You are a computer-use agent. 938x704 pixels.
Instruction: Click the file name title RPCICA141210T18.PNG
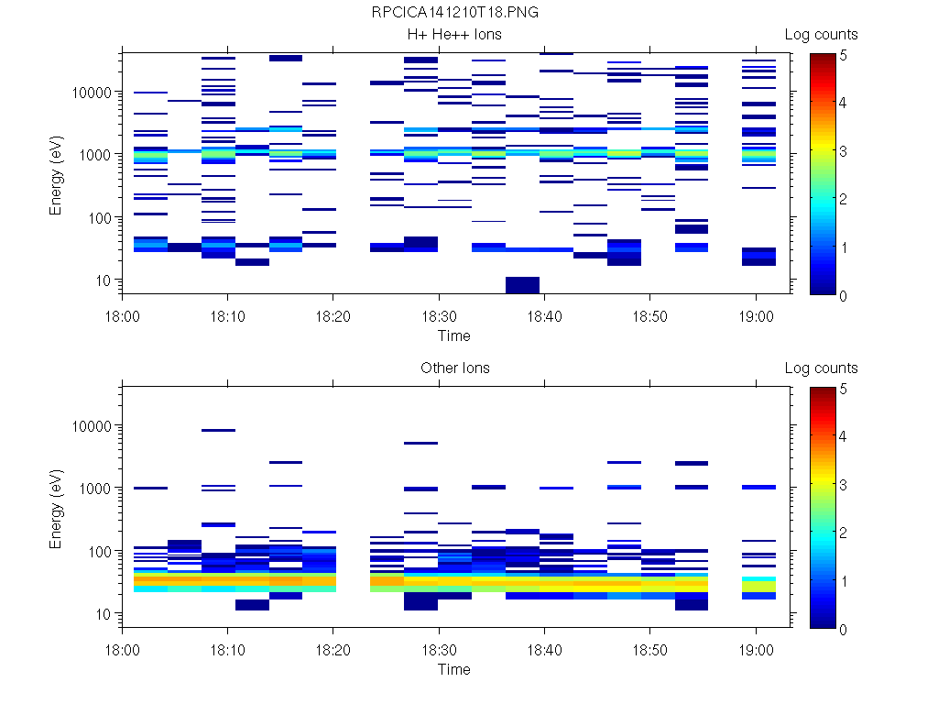coord(454,13)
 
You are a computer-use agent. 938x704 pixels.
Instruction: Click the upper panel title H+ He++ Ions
coord(454,35)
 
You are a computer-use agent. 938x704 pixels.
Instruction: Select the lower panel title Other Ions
coord(454,368)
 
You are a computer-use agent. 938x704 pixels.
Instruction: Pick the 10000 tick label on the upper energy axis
coord(91,93)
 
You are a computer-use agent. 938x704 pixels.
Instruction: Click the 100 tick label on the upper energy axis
coord(98,218)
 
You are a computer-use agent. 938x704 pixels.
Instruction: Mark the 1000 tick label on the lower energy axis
coord(94,489)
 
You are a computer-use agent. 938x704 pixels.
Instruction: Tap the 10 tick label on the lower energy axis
coord(102,614)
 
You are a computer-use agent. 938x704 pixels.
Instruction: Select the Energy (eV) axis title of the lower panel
coord(57,510)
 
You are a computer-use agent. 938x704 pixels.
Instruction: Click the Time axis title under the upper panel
coord(454,335)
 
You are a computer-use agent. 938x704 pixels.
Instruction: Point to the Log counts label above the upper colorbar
coord(821,35)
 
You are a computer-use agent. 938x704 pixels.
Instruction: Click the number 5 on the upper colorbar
coord(844,54)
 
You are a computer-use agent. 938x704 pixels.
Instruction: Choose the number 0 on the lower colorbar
coord(844,630)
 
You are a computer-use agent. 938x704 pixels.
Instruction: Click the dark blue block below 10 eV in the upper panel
coord(522,284)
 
